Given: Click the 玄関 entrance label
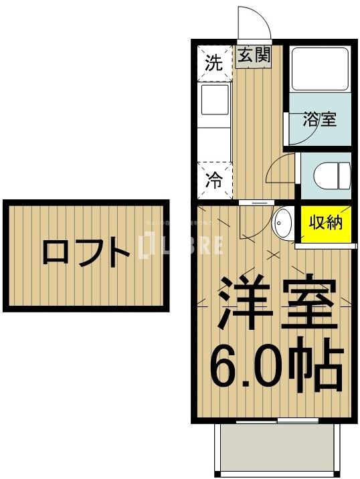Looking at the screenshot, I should pyautogui.click(x=255, y=56).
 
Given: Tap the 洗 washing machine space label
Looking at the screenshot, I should pyautogui.click(x=213, y=64).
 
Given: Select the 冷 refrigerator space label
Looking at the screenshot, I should pyautogui.click(x=213, y=181).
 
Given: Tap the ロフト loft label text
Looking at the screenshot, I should pyautogui.click(x=86, y=254).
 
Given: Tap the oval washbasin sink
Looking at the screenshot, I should pyautogui.click(x=282, y=223).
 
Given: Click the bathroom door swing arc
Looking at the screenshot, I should pyautogui.click(x=297, y=130).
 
